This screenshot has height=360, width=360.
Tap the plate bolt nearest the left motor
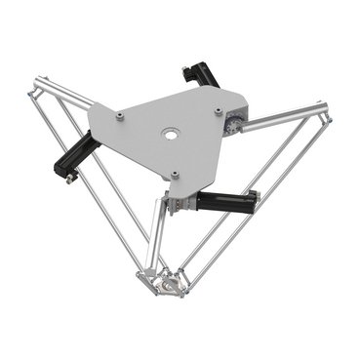pyautogui.click(x=119, y=115)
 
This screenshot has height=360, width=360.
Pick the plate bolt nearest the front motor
pyautogui.click(x=174, y=176)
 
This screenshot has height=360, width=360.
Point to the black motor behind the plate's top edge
pyautogui.click(x=200, y=77)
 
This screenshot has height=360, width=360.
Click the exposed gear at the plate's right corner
pyautogui.click(x=234, y=123)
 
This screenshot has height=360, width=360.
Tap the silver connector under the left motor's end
pyautogui.click(x=69, y=176)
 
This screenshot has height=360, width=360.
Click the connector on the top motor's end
pyautogui.click(x=187, y=70)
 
